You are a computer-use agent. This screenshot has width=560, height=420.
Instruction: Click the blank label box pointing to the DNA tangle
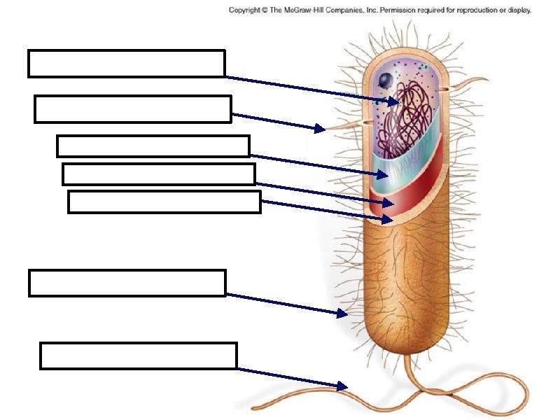point(126,63)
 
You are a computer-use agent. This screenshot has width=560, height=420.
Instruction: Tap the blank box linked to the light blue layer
point(153,146)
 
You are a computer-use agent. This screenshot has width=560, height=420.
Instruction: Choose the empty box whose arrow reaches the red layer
point(158,174)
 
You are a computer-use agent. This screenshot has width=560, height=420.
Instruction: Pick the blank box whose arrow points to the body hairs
point(127,283)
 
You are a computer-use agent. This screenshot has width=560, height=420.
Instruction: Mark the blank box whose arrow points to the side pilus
point(132,109)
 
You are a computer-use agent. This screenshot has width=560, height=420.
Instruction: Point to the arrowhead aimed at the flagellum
point(342,386)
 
